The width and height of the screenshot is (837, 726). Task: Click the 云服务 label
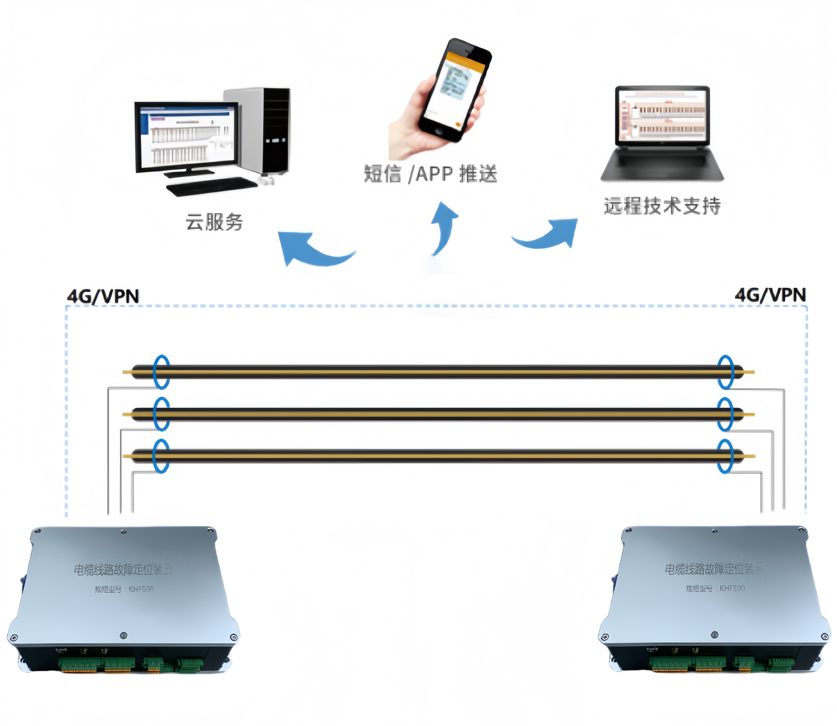tap(214, 222)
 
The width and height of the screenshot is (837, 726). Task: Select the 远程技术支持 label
tap(662, 206)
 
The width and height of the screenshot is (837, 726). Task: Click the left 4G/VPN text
tap(103, 296)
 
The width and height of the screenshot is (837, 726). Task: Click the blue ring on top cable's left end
tap(161, 372)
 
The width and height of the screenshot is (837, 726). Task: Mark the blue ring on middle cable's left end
tap(161, 414)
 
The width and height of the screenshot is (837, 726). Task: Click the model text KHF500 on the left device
tap(141, 589)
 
